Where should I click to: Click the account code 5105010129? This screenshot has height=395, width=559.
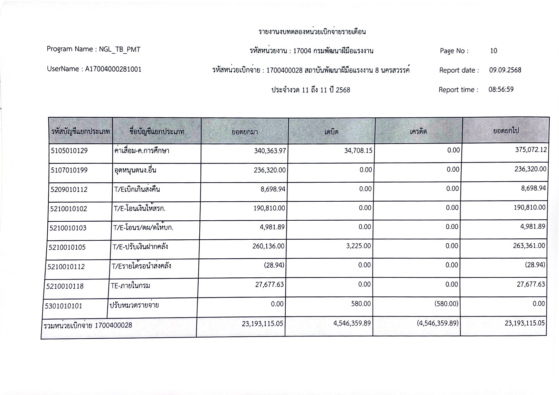pyautogui.click(x=69, y=151)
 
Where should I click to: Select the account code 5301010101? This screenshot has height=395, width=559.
pyautogui.click(x=64, y=306)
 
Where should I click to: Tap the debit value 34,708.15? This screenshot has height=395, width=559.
pyautogui.click(x=358, y=150)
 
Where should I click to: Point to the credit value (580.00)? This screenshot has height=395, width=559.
pyautogui.click(x=446, y=304)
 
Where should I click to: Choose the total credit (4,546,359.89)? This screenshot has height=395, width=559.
pyautogui.click(x=438, y=323)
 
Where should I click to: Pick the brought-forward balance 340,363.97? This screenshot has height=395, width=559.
pyautogui.click(x=270, y=150)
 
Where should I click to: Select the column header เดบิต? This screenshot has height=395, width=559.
pyautogui.click(x=331, y=132)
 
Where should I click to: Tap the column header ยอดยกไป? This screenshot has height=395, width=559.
pyautogui.click(x=506, y=131)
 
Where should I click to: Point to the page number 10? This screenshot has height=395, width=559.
pyautogui.click(x=493, y=51)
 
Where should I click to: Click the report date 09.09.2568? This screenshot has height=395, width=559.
pyautogui.click(x=505, y=70)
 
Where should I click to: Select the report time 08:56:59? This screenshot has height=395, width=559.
pyautogui.click(x=501, y=90)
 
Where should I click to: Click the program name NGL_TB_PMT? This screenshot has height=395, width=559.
pyautogui.click(x=120, y=49)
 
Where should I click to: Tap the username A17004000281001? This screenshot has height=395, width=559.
pyautogui.click(x=113, y=69)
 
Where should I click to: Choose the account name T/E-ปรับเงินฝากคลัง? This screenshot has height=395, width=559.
pyautogui.click(x=140, y=247)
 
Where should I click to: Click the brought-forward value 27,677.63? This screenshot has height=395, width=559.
pyautogui.click(x=269, y=285)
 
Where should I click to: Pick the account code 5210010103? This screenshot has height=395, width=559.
pyautogui.click(x=68, y=228)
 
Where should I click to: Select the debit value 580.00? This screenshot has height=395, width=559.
pyautogui.click(x=361, y=304)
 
